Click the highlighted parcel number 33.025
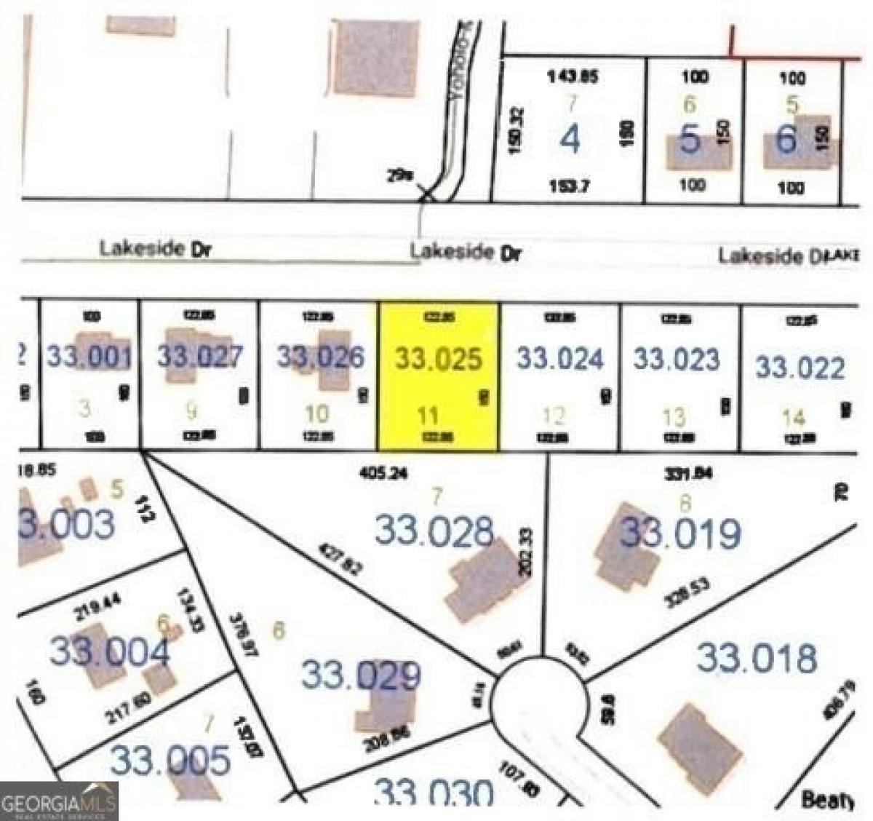pyautogui.click(x=439, y=359)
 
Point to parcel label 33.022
pyautogui.click(x=800, y=368)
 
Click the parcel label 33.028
pyautogui.click(x=434, y=531)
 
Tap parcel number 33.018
pyautogui.click(x=757, y=658)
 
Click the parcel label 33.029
pyautogui.click(x=361, y=675)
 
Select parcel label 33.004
pyautogui.click(x=109, y=650)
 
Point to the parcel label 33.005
pyautogui.click(x=170, y=761)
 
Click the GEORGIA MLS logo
pyautogui.click(x=58, y=801)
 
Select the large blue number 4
pyautogui.click(x=571, y=139)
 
